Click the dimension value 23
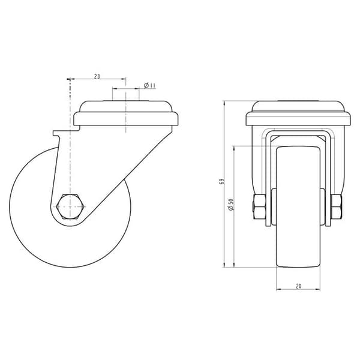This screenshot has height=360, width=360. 97,76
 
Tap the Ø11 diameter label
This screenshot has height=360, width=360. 149,86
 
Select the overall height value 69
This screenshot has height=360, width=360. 221,181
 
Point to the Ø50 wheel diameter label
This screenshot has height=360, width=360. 231,205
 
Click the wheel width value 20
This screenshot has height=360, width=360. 298,286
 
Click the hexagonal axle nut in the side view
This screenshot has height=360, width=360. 70,206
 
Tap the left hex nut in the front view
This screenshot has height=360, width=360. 260,206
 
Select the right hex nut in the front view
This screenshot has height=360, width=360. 337,206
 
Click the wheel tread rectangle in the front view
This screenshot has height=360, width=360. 298,206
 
